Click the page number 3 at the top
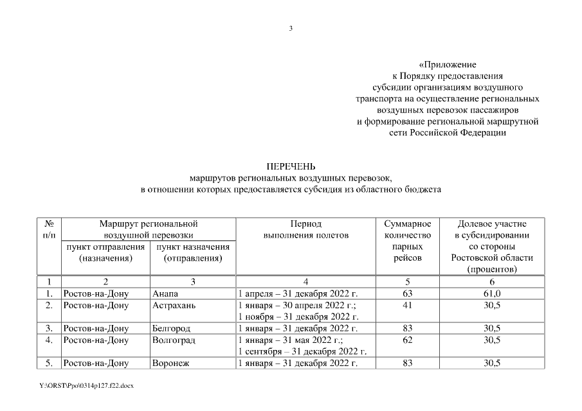click(291, 28)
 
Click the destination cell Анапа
click(163, 293)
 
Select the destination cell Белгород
click(170, 329)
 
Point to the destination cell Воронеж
click(169, 363)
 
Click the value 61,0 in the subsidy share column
click(492, 293)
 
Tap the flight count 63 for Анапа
click(407, 293)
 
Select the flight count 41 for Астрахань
click(407, 305)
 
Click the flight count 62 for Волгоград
click(407, 340)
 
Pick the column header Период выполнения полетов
click(305, 229)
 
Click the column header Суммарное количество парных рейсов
click(407, 241)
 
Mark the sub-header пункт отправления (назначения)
click(105, 252)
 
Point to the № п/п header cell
click(49, 229)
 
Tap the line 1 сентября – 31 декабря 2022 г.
click(302, 351)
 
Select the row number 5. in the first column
click(49, 363)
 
